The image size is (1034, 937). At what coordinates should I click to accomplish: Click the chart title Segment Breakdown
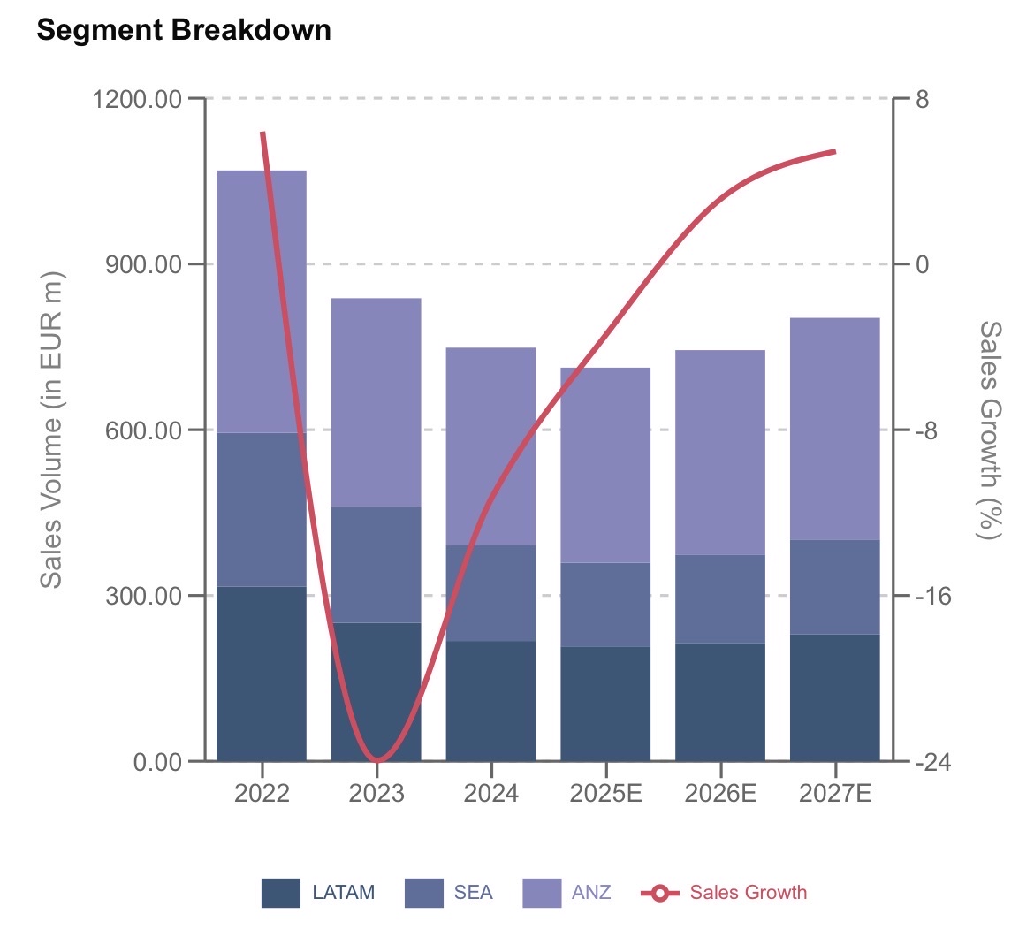(x=184, y=30)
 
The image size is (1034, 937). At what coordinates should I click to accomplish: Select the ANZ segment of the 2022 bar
(x=262, y=301)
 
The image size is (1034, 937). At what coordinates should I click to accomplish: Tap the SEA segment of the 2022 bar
(x=262, y=509)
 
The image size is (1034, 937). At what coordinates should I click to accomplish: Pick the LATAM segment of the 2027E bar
(x=835, y=697)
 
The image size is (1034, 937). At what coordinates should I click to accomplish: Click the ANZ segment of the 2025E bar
(x=605, y=465)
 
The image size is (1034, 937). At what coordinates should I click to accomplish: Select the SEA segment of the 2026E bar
(x=720, y=598)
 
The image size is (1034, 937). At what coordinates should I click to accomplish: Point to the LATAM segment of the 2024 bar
(x=490, y=700)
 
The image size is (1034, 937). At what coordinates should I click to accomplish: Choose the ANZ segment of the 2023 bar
(x=376, y=402)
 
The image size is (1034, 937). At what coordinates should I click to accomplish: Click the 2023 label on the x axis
(x=376, y=793)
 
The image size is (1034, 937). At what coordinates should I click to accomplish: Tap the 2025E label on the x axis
(x=605, y=793)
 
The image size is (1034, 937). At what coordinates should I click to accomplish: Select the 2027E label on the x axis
(x=835, y=793)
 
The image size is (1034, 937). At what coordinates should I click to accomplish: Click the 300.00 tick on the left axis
(x=143, y=596)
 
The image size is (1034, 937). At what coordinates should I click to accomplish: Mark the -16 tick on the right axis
(x=933, y=596)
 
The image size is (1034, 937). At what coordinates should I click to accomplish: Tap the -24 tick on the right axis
(x=933, y=761)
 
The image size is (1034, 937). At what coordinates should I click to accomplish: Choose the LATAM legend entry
(x=318, y=893)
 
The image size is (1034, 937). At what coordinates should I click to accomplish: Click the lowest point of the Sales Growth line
(x=377, y=759)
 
